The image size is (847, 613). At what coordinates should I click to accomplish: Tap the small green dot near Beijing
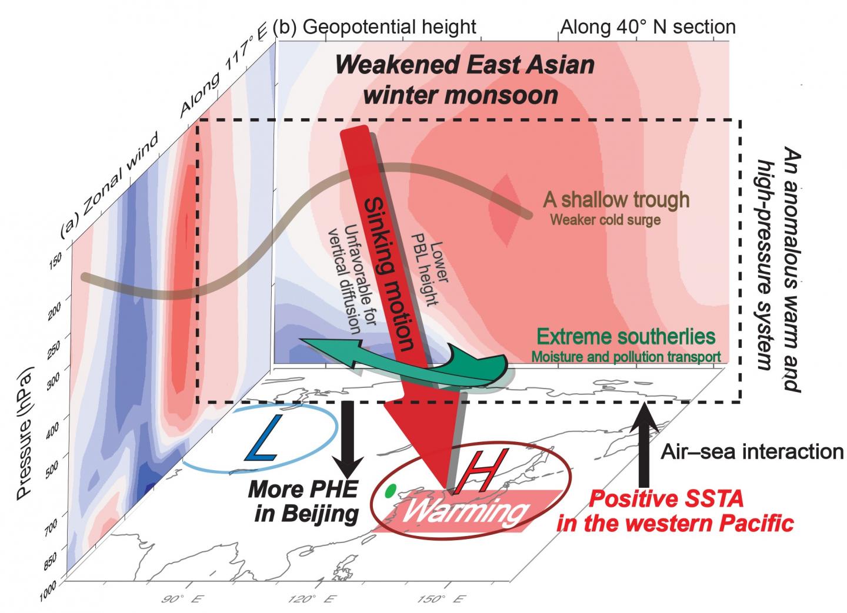tap(389, 491)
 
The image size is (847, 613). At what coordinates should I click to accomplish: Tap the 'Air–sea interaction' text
tap(752, 451)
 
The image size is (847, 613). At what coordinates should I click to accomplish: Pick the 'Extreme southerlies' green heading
tap(626, 337)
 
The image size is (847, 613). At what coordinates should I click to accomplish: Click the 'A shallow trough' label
tap(616, 200)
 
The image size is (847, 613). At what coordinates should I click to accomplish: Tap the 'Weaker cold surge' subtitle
tap(605, 220)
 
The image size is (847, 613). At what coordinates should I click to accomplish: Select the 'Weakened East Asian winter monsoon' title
tap(464, 79)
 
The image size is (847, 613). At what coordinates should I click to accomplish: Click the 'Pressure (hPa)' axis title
tap(24, 431)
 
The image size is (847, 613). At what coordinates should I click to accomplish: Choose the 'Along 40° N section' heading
tap(648, 26)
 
